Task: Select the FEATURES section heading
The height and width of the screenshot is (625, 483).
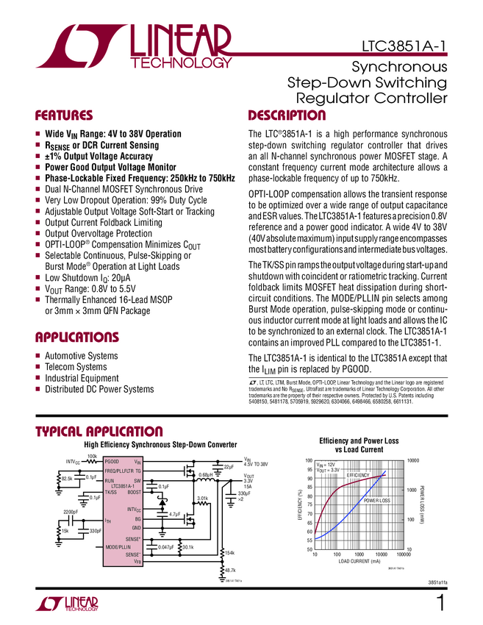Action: (x=64, y=115)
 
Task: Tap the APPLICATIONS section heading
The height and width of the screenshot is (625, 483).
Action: (x=77, y=337)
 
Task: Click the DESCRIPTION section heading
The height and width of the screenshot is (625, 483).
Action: (x=286, y=115)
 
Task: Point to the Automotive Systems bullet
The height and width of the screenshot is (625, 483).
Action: (x=82, y=356)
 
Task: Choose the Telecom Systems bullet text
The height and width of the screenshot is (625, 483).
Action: (x=76, y=367)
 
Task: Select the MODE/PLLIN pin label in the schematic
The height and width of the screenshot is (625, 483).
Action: (x=118, y=547)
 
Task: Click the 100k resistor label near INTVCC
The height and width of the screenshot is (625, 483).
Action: (x=92, y=457)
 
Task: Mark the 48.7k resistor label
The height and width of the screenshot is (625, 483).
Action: (x=230, y=570)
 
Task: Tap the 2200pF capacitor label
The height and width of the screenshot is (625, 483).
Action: (x=70, y=511)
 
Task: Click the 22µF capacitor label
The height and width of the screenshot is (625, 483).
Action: (x=228, y=467)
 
